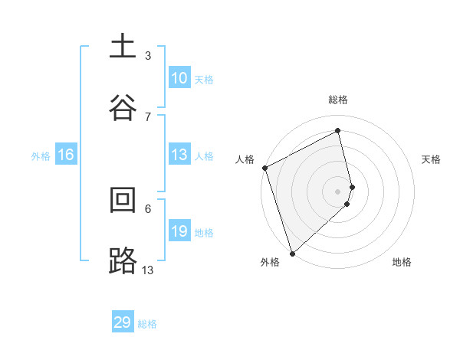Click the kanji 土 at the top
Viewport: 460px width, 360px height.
pos(123,47)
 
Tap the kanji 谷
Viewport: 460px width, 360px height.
pos(123,107)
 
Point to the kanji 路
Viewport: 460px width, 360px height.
pos(123,260)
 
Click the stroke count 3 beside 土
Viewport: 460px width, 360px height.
pos(148,56)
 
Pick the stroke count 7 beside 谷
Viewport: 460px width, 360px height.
pos(148,116)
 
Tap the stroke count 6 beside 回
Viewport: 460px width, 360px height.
pos(148,208)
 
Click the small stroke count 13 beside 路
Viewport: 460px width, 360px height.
pos(148,270)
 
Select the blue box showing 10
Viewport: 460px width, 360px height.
pos(179,78)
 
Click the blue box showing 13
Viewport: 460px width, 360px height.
pos(179,155)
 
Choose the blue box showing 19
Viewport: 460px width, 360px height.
pos(179,231)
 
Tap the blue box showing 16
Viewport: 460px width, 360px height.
pos(66,155)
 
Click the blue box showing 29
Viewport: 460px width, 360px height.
pos(123,322)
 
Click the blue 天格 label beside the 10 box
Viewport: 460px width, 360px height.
pos(204,80)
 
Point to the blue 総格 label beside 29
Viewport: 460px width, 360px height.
pos(147,324)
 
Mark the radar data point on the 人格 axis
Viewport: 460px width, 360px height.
pos(264,168)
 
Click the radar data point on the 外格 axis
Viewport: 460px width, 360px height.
pos(292,252)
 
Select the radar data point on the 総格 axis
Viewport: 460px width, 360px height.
pos(337,131)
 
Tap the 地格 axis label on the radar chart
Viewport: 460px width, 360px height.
pos(402,263)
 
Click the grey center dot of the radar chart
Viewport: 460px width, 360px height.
pos(337,190)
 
